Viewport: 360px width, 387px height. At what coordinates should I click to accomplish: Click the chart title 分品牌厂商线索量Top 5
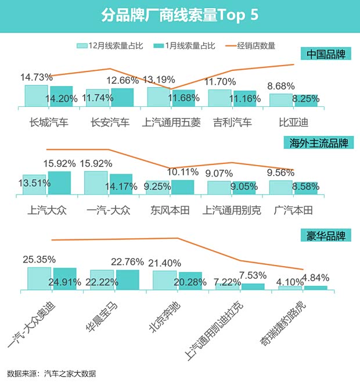179,15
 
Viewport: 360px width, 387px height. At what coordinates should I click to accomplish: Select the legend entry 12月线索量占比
110,45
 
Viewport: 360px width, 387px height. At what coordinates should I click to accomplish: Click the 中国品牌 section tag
326,55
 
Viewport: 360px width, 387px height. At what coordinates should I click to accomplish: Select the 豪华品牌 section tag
326,236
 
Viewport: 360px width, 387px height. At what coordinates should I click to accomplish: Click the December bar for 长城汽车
36,96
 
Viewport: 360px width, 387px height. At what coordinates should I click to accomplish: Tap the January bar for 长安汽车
122,98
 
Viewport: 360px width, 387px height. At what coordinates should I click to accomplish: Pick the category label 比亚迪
293,123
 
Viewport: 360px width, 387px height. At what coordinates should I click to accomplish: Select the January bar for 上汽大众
59,182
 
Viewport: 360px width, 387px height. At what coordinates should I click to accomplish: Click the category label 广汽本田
293,210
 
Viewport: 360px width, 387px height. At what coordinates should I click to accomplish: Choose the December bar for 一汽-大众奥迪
39,278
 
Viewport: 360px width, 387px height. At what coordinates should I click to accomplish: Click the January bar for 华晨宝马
128,279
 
